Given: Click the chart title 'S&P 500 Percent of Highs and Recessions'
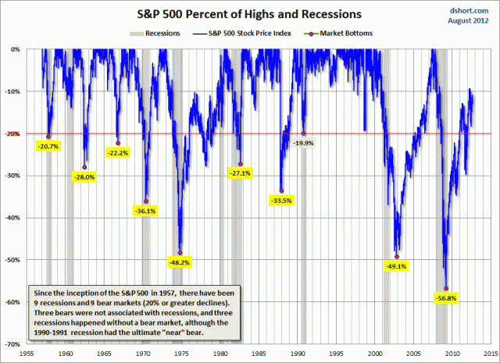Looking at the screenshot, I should coord(250,14).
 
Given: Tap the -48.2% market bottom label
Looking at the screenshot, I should coord(180,262).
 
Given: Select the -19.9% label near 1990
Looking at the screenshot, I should coord(303,143).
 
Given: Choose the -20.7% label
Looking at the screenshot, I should coord(48,146).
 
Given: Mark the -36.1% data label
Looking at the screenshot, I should coord(145,210).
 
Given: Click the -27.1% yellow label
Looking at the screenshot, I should coord(239,173).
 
